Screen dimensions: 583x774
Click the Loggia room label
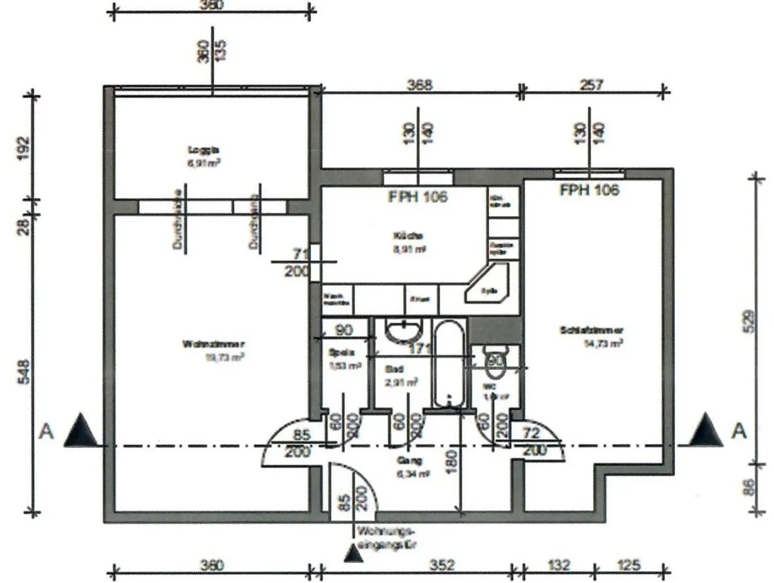tap(204, 150)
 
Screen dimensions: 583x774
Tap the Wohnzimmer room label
tap(214, 344)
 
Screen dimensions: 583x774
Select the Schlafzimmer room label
tap(591, 330)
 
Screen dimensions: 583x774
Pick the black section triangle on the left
tap(81, 430)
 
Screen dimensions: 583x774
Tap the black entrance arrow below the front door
tap(354, 554)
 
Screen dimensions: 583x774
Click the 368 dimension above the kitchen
tap(419, 84)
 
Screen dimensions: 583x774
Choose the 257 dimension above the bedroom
tap(591, 84)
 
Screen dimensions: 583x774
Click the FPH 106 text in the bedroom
tap(590, 190)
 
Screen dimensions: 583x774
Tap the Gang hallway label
tap(409, 460)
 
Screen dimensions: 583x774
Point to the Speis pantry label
tap(342, 353)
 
